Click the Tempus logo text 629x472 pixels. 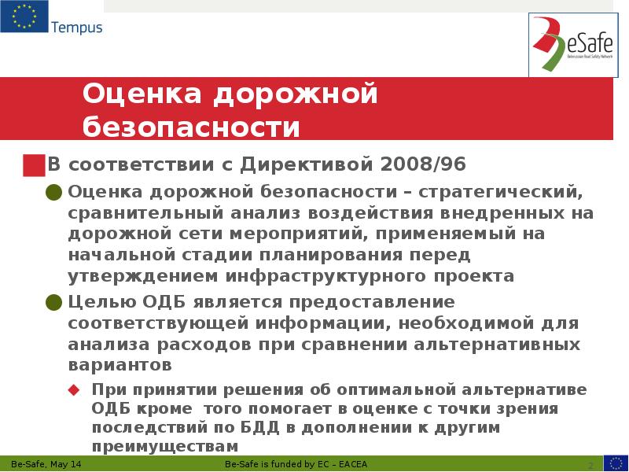pyautogui.click(x=76, y=28)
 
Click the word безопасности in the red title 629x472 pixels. pyautogui.click(x=192, y=125)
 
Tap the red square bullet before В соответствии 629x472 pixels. pyautogui.click(x=33, y=164)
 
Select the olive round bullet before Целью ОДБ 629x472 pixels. pyautogui.click(x=53, y=302)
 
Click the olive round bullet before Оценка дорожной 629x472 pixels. pyautogui.click(x=53, y=191)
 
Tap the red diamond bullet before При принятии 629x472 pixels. pyautogui.click(x=74, y=390)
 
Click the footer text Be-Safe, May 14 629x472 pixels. pyautogui.click(x=46, y=465)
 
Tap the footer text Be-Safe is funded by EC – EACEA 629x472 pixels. pyautogui.click(x=291, y=465)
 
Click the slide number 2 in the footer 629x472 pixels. pyautogui.click(x=590, y=464)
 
